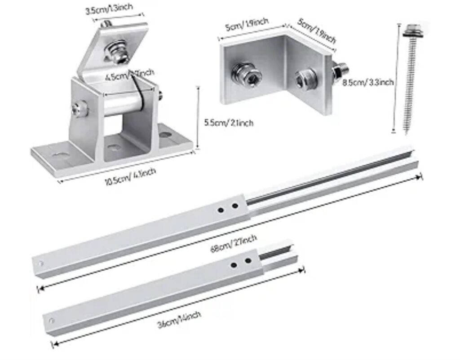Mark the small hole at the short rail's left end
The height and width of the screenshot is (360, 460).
click(x=51, y=320)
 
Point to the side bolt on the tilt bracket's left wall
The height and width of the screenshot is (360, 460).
click(x=78, y=109)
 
